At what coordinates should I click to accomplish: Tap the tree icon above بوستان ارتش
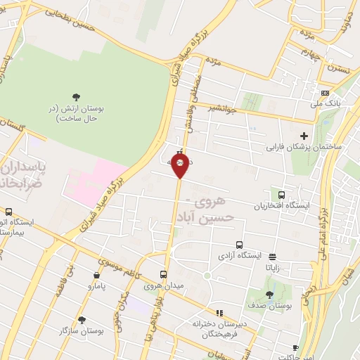(x=76, y=96)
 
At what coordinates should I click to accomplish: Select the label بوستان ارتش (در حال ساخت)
(x=76, y=115)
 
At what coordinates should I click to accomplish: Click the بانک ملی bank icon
(x=324, y=94)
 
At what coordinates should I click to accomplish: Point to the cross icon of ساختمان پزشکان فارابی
(x=304, y=136)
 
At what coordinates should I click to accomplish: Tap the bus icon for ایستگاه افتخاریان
(x=282, y=195)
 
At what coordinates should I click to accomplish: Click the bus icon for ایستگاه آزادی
(x=240, y=245)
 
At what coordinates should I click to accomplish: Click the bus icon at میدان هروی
(x=163, y=275)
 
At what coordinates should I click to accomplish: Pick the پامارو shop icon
(x=96, y=276)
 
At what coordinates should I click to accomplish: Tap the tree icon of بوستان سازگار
(x=82, y=320)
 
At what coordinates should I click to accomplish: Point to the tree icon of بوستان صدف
(x=269, y=295)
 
